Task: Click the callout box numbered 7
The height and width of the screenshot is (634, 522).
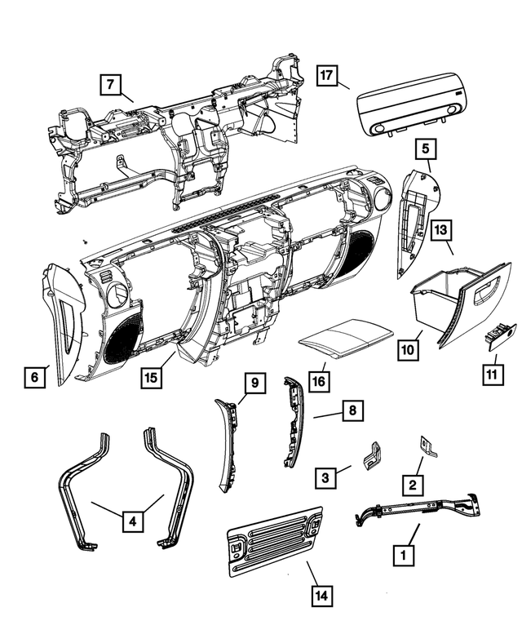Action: coord(111,83)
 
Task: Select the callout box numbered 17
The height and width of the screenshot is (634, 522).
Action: coord(326,76)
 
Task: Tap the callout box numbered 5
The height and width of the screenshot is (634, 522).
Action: coord(425,149)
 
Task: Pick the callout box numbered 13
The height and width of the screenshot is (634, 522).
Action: coord(440,232)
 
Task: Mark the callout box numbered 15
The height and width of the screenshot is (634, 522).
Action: coord(151,378)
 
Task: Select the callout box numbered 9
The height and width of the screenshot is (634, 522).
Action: coord(254,383)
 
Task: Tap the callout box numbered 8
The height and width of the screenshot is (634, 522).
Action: coord(352,410)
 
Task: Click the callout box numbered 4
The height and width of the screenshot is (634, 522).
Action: coord(131,518)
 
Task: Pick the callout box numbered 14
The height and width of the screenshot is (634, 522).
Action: coord(322,595)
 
